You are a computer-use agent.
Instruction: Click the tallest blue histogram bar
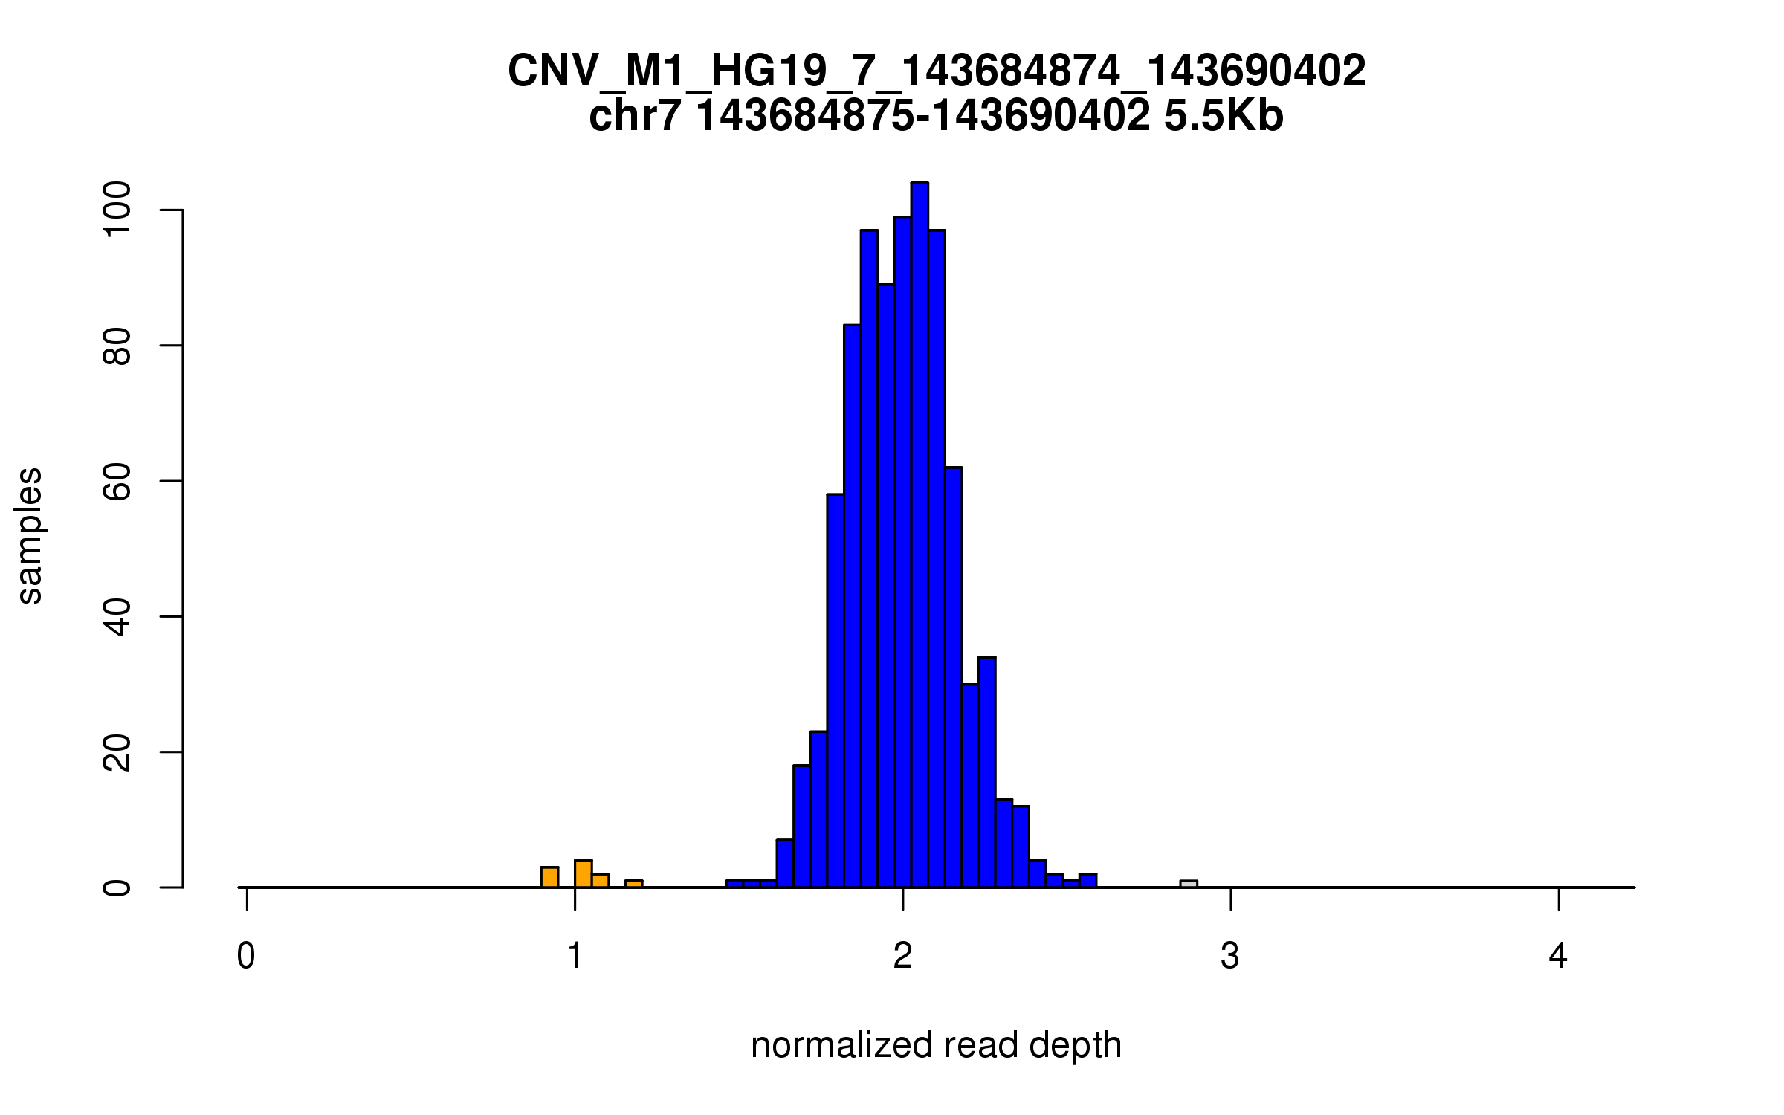point(920,535)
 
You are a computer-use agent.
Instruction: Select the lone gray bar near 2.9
point(1189,884)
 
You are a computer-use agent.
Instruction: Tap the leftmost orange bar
point(549,877)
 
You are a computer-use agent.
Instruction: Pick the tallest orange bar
point(584,874)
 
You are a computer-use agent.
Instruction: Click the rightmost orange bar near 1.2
point(633,884)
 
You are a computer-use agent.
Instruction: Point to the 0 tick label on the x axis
point(246,956)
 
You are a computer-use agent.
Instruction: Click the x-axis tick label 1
point(575,956)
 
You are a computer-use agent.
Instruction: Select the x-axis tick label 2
point(902,956)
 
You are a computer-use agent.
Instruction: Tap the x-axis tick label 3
point(1230,956)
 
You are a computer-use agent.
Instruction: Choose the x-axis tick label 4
point(1558,956)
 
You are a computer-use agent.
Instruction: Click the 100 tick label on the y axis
point(117,210)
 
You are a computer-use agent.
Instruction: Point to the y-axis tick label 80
point(117,346)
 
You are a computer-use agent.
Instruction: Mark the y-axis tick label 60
point(117,481)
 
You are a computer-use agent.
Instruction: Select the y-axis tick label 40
point(117,616)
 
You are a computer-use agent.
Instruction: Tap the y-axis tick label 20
point(117,752)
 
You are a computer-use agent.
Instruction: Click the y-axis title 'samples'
point(30,535)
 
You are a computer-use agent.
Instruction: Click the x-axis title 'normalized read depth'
point(936,1046)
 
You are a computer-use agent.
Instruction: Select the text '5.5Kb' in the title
point(1224,116)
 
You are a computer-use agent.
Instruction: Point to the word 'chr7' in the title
point(634,116)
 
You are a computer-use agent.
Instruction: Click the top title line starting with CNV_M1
point(937,71)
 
